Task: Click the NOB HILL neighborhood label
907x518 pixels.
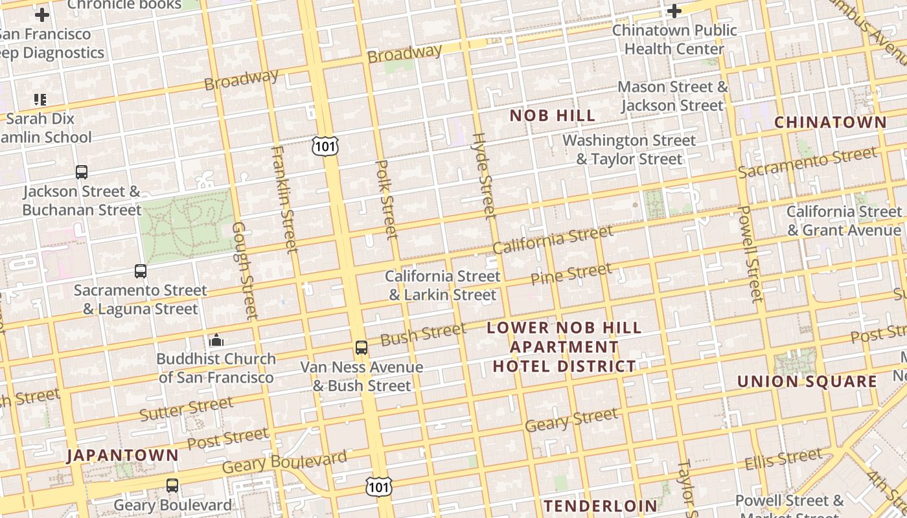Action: (x=552, y=116)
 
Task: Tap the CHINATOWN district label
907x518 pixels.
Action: (x=830, y=122)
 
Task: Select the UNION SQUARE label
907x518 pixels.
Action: (x=807, y=381)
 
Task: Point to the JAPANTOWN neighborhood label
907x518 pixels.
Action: (x=122, y=455)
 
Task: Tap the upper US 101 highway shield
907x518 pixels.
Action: (x=325, y=146)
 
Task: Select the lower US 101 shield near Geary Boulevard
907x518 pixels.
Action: (x=378, y=487)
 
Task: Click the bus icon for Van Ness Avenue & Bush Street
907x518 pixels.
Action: (x=362, y=348)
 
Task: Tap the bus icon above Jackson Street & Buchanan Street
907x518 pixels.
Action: (x=82, y=172)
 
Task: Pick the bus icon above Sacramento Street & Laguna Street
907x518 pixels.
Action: (x=141, y=271)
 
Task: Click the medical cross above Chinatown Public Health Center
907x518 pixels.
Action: (x=674, y=11)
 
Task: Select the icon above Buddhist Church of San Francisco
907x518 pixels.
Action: (x=216, y=340)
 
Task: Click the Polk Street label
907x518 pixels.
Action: (x=387, y=199)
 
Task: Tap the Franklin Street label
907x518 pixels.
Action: (x=284, y=199)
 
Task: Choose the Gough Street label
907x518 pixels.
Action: (x=245, y=271)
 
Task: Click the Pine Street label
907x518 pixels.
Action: (x=571, y=275)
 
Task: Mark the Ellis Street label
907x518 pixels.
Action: (x=783, y=460)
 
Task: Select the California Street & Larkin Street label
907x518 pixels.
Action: (x=442, y=286)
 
